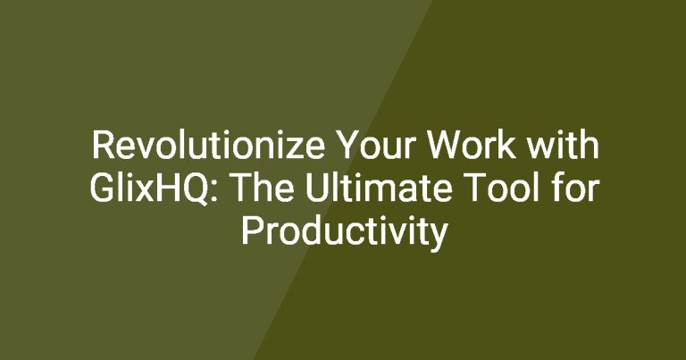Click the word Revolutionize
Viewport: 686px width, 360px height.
click(x=208, y=146)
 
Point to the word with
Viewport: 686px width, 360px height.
click(x=562, y=145)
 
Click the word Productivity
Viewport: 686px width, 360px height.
click(x=344, y=232)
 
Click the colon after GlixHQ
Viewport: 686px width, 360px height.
click(x=213, y=193)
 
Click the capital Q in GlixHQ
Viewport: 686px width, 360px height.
click(x=193, y=189)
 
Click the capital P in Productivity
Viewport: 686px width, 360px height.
click(x=251, y=231)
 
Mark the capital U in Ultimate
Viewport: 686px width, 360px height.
click(x=315, y=188)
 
